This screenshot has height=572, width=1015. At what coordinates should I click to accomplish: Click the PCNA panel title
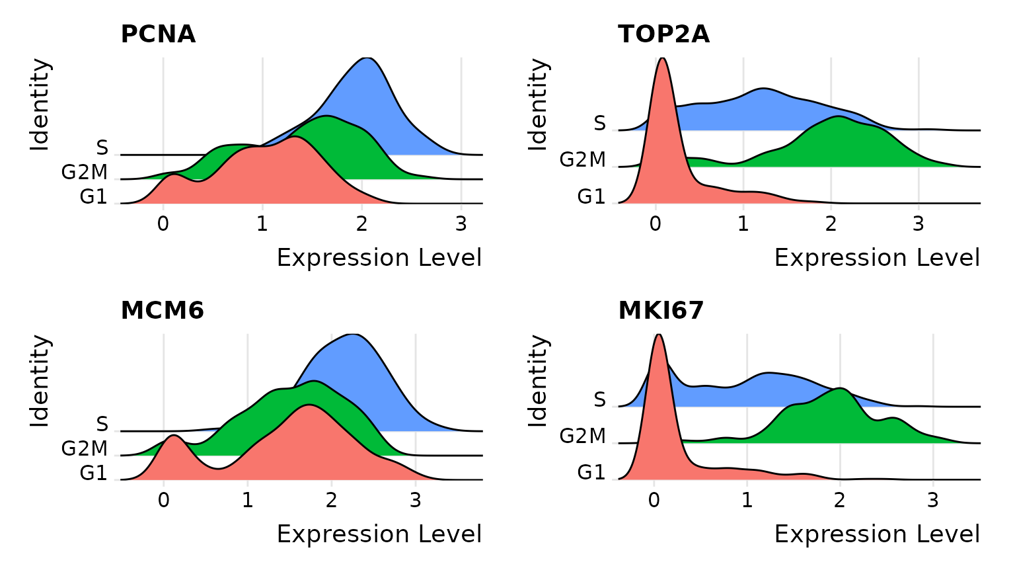coord(158,34)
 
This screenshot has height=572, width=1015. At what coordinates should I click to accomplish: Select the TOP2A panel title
coord(663,34)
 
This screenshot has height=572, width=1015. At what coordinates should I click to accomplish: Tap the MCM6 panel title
coord(162,310)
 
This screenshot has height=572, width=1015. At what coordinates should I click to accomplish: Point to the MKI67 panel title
coord(661,310)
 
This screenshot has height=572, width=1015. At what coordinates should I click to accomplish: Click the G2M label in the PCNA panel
coord(85,173)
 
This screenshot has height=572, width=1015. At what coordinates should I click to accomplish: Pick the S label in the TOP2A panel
coord(599,124)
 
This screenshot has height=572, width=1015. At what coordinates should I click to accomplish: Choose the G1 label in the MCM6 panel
coord(93,473)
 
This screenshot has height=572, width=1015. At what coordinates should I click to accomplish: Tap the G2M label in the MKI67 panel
coord(582,436)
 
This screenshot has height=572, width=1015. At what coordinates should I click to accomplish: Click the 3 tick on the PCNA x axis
coord(461,225)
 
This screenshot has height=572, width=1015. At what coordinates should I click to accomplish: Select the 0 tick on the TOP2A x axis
coord(655,225)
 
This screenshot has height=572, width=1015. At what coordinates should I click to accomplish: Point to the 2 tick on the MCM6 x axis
coord(331,501)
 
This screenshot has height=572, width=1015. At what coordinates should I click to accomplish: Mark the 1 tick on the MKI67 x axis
coord(747,501)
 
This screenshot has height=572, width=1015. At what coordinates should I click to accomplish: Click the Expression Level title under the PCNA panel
coord(379,258)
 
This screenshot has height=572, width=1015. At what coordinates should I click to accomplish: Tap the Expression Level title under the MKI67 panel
coord(877,534)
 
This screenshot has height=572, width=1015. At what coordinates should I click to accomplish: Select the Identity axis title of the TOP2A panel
coord(539,104)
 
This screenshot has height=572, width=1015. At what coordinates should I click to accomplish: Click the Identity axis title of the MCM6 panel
coord(40,381)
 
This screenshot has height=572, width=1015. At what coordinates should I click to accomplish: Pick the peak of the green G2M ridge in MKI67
coord(840,389)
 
